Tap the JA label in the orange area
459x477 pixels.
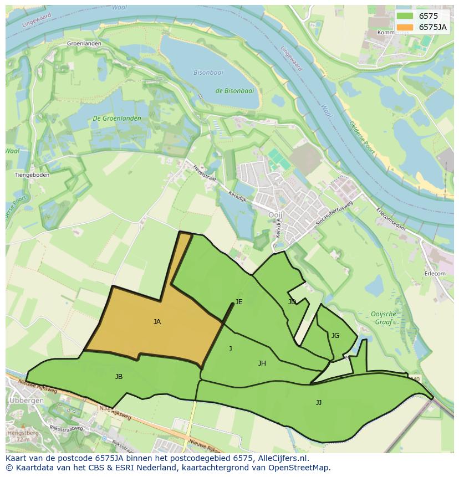(x=157, y=321)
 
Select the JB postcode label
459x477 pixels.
(x=119, y=377)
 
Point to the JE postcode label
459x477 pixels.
(x=239, y=302)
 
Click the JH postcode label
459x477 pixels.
(x=262, y=363)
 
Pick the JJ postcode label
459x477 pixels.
(x=319, y=403)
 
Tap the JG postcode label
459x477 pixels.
(x=335, y=336)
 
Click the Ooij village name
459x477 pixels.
(x=275, y=215)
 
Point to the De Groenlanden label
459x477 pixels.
(x=117, y=119)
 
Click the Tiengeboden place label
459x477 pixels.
(x=32, y=175)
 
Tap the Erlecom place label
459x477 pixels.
(x=435, y=274)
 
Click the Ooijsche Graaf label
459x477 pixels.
(x=383, y=317)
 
